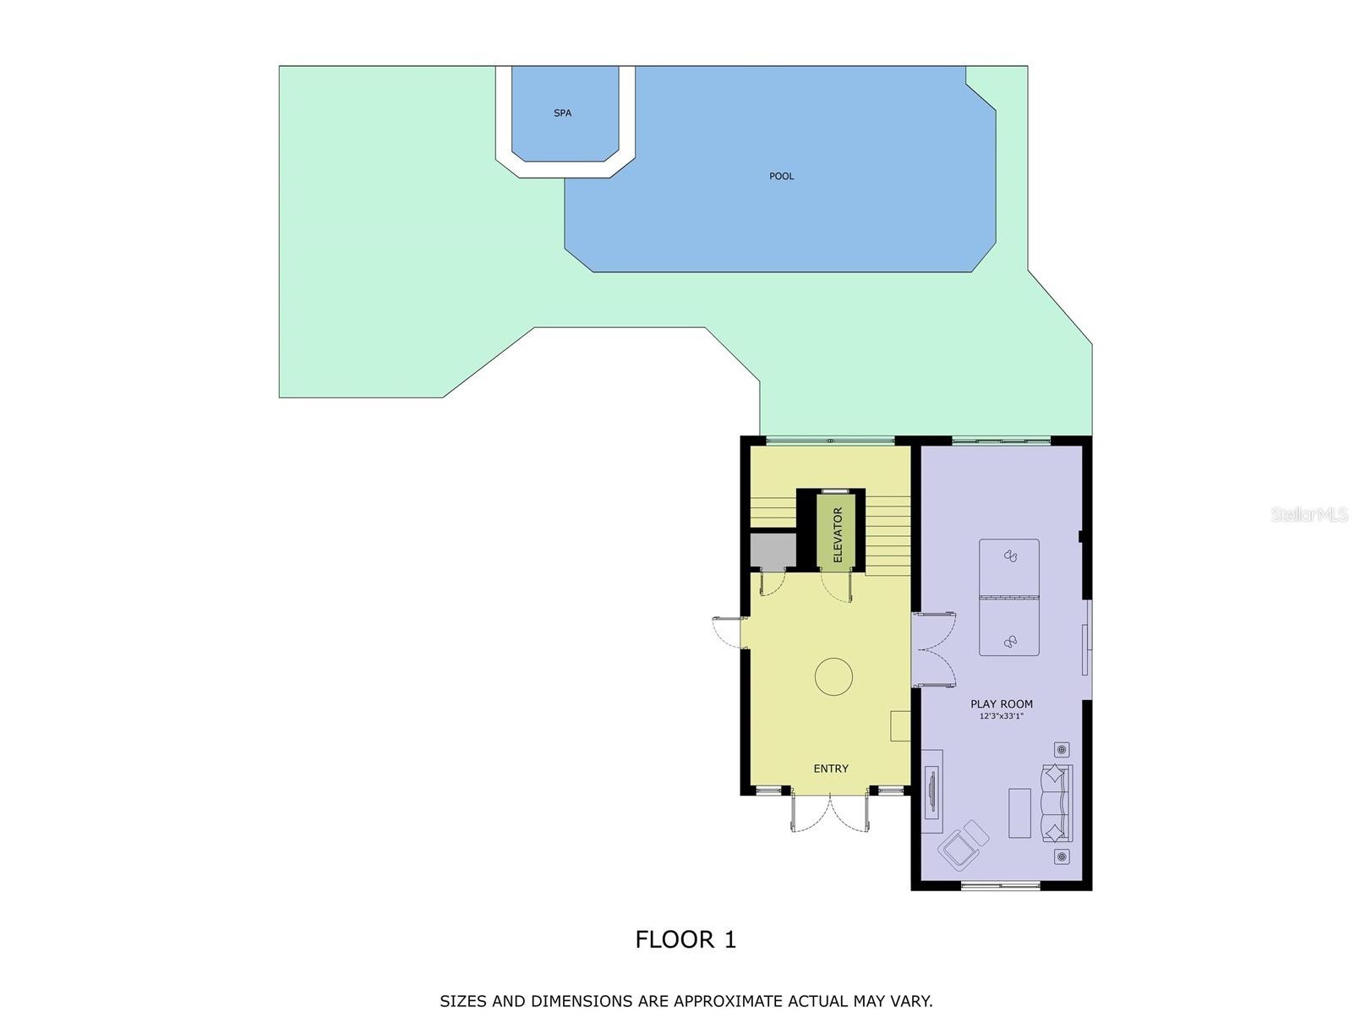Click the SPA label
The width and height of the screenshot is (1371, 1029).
coord(562,112)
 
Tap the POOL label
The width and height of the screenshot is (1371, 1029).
coord(781,176)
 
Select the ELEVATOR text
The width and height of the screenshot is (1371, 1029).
coord(838,534)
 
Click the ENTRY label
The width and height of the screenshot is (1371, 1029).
coord(830,769)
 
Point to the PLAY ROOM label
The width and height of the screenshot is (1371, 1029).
coord(1001,703)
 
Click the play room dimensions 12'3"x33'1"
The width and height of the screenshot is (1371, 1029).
coord(1001,716)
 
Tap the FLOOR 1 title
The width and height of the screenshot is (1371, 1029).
coord(685,939)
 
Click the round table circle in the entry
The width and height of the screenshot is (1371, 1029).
coord(833,676)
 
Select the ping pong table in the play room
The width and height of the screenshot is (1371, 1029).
coord(1008,597)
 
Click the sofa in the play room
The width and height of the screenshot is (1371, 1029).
coord(1056,802)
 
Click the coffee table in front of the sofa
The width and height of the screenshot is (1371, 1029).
coord(1019,813)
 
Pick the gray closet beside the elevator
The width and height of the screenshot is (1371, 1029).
coord(773,551)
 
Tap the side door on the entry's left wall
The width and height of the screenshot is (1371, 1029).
coord(727,633)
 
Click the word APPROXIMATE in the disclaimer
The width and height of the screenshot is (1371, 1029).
coord(728,1001)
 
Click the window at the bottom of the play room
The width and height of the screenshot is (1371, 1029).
coord(1000,885)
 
